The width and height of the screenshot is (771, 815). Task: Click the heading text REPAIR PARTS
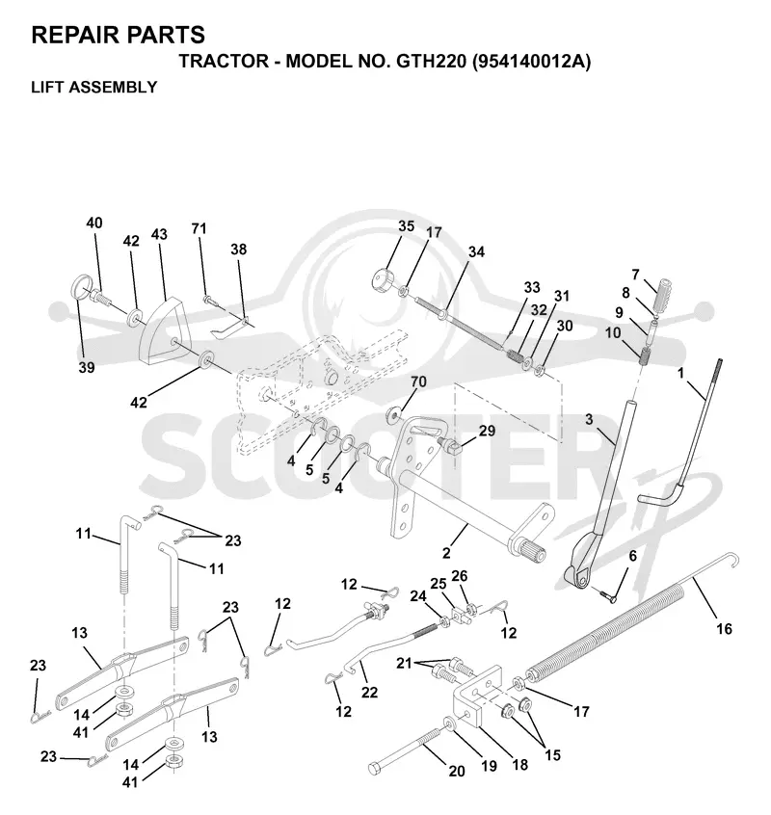pyautogui.click(x=118, y=35)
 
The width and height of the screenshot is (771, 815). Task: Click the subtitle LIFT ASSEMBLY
pyautogui.click(x=94, y=87)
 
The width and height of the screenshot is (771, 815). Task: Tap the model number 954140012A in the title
pyautogui.click(x=531, y=62)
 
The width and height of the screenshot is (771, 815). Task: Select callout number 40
pyautogui.click(x=94, y=223)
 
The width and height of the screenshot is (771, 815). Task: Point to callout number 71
pyautogui.click(x=199, y=228)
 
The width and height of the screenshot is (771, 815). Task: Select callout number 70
pyautogui.click(x=418, y=381)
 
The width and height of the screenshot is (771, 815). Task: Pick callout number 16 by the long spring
pyautogui.click(x=724, y=629)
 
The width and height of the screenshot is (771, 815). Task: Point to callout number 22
pyautogui.click(x=370, y=693)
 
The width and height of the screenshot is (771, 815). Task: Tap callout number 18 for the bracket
pyautogui.click(x=519, y=765)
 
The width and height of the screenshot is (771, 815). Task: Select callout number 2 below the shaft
pyautogui.click(x=446, y=553)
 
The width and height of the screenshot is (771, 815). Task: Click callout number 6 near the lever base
pyautogui.click(x=632, y=556)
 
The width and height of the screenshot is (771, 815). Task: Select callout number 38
pyautogui.click(x=239, y=250)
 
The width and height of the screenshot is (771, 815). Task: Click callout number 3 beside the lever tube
pyautogui.click(x=589, y=419)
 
